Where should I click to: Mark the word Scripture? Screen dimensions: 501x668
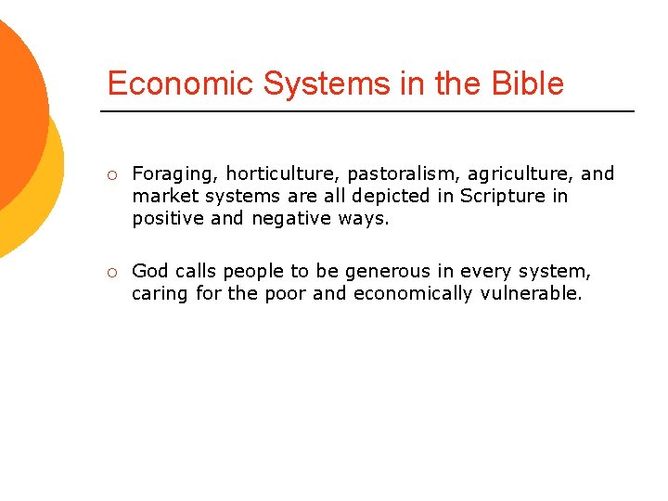[x=498, y=196]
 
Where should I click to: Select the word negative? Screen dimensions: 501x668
[x=278, y=218]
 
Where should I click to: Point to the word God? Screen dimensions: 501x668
[x=148, y=272]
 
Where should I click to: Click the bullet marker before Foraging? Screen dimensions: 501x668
[x=109, y=174]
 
